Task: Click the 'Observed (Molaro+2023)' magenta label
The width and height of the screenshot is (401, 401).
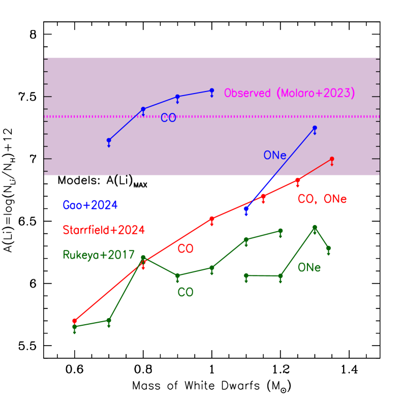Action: tap(289, 94)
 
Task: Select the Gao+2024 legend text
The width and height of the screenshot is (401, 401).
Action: tap(90, 205)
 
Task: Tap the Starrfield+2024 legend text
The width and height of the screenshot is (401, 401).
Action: tap(104, 230)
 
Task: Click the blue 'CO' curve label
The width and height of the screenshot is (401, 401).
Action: tap(168, 118)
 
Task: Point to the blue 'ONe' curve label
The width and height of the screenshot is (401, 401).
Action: tap(275, 156)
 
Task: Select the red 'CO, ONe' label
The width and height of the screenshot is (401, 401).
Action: tap(322, 199)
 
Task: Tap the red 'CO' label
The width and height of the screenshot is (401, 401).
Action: tap(185, 249)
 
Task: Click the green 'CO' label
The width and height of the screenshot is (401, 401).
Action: tap(185, 293)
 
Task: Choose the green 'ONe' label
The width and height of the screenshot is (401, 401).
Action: tap(309, 267)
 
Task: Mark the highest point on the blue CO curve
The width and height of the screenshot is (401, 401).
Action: tap(212, 90)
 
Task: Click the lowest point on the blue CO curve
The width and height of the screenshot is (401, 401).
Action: tap(109, 140)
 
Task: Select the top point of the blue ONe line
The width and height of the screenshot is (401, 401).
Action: tap(315, 128)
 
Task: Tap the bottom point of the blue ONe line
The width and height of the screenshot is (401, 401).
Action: tap(246, 208)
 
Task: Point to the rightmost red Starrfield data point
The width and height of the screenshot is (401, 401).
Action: tap(332, 159)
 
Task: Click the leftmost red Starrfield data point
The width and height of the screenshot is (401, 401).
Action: tap(75, 321)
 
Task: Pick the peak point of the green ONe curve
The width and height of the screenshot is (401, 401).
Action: tap(315, 227)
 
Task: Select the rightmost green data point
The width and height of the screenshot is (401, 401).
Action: tap(328, 248)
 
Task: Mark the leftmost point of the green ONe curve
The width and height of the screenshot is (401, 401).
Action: tap(246, 275)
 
